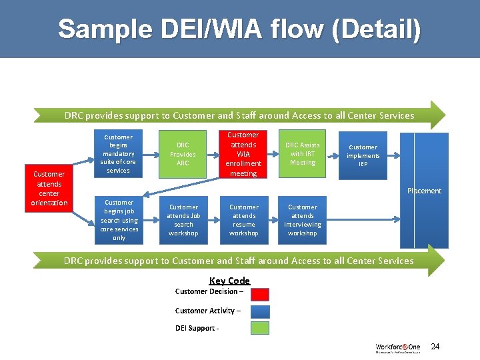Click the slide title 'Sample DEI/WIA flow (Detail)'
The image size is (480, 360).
[239, 29]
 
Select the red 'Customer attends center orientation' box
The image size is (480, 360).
[49, 189]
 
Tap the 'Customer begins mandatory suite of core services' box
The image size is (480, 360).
[118, 154]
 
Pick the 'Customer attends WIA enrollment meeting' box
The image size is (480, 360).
[243, 154]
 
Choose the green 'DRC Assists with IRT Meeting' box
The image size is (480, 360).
[302, 154]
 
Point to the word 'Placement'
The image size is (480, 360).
[424, 191]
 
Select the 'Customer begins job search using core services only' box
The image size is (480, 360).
[119, 220]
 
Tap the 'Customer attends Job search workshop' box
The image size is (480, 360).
[183, 220]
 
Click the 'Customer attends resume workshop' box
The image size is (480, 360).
[243, 220]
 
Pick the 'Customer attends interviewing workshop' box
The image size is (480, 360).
[302, 220]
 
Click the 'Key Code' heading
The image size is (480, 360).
[229, 281]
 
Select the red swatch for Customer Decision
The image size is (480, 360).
[260, 294]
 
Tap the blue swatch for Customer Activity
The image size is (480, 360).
[260, 311]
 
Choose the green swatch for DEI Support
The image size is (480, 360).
[260, 328]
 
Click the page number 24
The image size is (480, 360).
[435, 347]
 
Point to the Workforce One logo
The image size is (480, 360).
[397, 348]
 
